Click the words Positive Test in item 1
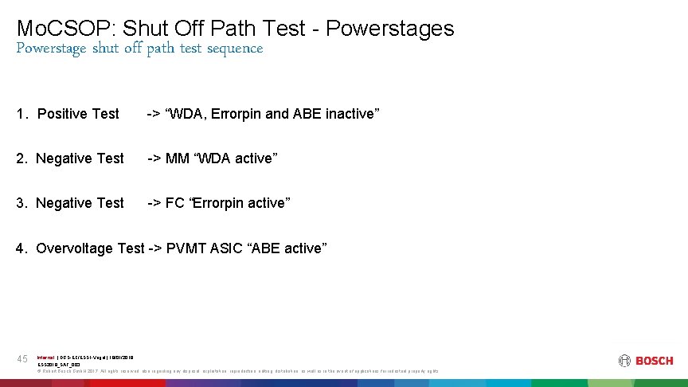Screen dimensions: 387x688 pyautogui.click(x=78, y=114)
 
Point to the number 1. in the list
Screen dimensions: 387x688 pyautogui.click(x=21, y=114)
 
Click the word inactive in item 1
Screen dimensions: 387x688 pyautogui.click(x=348, y=114)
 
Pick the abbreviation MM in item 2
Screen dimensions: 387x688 pyautogui.click(x=178, y=158)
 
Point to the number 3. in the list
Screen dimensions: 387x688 pyautogui.click(x=21, y=203)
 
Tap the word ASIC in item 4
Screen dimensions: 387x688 pyautogui.click(x=228, y=248)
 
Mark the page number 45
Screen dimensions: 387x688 pyautogui.click(x=23, y=360)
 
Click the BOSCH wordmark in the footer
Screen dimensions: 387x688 pyautogui.click(x=654, y=361)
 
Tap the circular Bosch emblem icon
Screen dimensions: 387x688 pyautogui.click(x=624, y=361)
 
